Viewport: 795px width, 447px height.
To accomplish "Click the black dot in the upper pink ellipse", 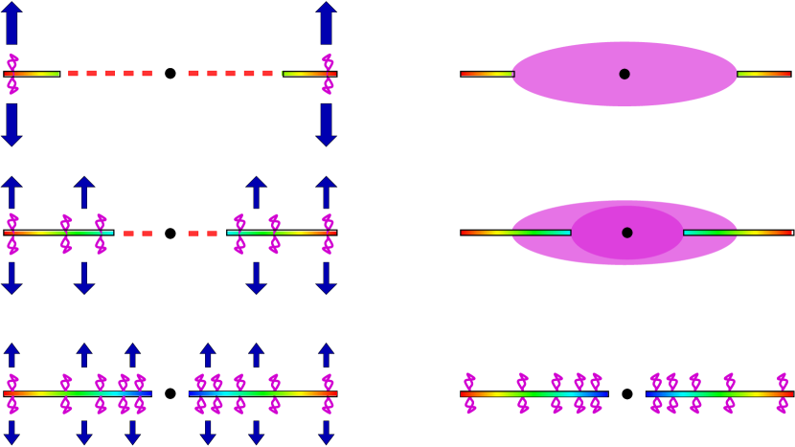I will [x=625, y=74].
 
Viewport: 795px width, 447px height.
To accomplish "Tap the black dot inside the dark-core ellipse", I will [x=627, y=233].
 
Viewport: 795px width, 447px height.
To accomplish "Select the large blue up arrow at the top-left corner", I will [x=11, y=23].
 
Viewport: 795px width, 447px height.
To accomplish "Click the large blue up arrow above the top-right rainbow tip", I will [x=327, y=23].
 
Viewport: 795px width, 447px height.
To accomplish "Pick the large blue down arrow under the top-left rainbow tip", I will [x=11, y=124].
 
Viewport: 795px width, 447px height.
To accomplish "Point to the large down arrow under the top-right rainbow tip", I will [x=327, y=124].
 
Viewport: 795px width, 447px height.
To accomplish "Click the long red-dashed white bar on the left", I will [x=106, y=74].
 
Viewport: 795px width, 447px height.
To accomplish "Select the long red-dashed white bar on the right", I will [x=234, y=74].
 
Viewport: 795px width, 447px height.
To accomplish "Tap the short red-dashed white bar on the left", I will [x=135, y=234].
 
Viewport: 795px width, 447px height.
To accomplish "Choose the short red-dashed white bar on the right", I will [x=205, y=234].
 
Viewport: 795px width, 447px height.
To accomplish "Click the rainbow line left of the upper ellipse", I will [x=487, y=74].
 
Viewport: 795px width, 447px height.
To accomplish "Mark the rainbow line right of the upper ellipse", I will [x=763, y=74].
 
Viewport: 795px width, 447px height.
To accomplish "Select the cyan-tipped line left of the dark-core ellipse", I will [x=515, y=233].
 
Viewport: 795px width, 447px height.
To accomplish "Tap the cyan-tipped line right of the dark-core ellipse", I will [x=738, y=233].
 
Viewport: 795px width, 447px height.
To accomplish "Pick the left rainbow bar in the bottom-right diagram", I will [x=534, y=393].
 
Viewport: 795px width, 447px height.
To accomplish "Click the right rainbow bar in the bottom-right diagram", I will [x=719, y=393].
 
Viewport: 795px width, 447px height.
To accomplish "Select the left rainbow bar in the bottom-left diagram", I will [x=77, y=393].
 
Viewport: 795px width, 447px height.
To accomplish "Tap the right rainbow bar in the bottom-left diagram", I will [x=262, y=393].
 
